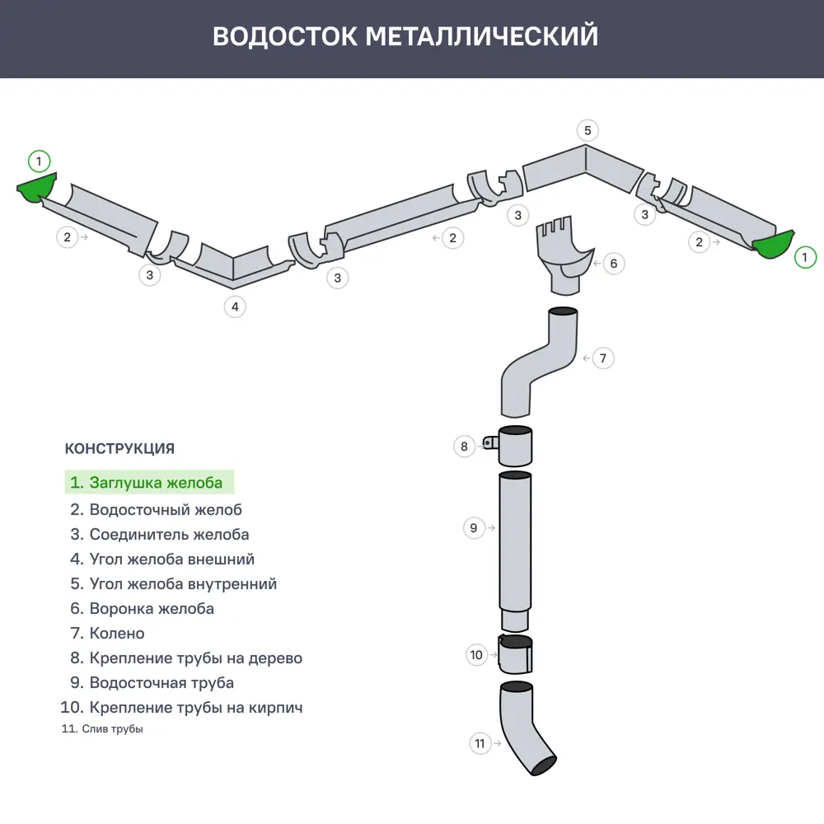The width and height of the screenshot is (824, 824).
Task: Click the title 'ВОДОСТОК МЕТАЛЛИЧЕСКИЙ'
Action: click(405, 36)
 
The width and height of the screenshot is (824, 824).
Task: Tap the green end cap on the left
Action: click(37, 190)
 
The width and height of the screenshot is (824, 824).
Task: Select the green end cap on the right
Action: click(773, 244)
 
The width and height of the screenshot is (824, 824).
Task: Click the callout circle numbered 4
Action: click(235, 307)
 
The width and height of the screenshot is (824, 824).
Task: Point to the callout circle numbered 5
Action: click(587, 130)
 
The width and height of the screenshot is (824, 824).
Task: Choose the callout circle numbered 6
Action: click(613, 264)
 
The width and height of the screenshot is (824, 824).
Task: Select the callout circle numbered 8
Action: click(464, 446)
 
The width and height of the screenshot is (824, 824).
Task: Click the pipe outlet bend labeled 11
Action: click(524, 729)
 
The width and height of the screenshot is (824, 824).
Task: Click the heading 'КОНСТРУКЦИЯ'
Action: click(119, 449)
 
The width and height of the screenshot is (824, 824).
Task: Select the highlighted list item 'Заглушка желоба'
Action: click(149, 482)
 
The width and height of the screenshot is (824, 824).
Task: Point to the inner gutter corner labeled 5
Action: click(583, 169)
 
